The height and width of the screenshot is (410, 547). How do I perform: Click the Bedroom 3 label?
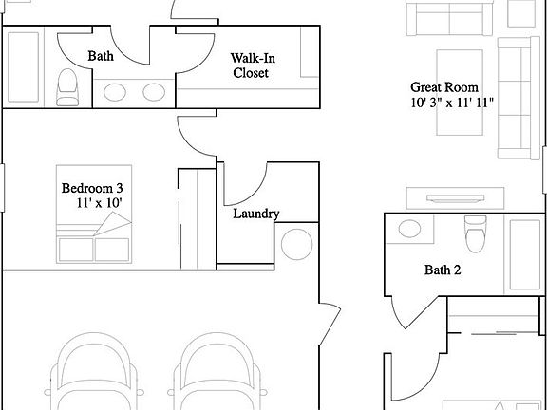(x=92, y=189)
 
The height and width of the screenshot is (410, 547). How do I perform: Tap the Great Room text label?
(x=444, y=87)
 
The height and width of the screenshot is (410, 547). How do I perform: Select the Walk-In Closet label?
(x=253, y=65)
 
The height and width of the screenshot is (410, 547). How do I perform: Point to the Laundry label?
(x=256, y=214)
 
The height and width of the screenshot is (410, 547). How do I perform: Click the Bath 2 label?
(x=443, y=270)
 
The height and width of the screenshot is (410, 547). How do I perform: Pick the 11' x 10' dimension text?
(x=99, y=203)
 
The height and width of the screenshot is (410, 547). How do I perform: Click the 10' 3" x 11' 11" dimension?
(x=452, y=102)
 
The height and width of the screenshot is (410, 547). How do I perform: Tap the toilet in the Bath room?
(x=67, y=87)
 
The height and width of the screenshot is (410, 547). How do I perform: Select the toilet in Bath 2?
(x=476, y=233)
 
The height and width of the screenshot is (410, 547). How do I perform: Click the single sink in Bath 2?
(x=409, y=229)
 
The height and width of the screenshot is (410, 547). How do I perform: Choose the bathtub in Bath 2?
(x=524, y=254)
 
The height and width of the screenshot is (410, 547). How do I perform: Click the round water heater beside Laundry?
(x=296, y=245)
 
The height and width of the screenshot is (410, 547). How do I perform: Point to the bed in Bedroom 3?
(x=94, y=214)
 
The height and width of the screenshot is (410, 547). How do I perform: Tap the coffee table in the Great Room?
(x=460, y=92)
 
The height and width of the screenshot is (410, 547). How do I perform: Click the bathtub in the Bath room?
(x=23, y=67)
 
